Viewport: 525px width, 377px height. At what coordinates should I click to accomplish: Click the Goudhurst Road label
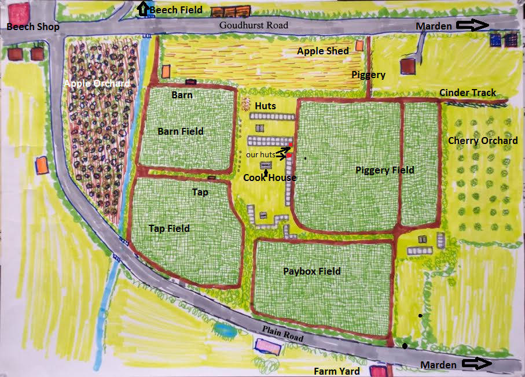tap(254, 25)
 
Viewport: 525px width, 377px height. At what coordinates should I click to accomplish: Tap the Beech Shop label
tap(33, 27)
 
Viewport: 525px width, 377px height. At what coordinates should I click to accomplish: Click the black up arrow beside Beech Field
tap(142, 9)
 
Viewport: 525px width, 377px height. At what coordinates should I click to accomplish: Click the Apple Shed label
tap(323, 51)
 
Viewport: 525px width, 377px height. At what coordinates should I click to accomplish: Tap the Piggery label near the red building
tap(368, 75)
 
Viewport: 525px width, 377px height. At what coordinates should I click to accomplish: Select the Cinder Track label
tap(467, 93)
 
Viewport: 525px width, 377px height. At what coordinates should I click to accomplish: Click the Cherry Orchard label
tap(483, 141)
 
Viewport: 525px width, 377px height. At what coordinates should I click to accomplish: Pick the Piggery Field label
tap(385, 170)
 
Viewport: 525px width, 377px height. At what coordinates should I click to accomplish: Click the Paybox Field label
tap(311, 271)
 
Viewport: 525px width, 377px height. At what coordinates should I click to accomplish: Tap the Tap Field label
tap(169, 228)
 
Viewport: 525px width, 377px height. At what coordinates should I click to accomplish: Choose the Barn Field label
tap(181, 131)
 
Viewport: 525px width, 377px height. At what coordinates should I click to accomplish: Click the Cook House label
tap(269, 178)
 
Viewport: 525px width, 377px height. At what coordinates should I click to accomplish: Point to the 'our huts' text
tap(260, 155)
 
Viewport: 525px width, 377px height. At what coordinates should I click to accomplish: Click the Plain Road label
tap(282, 334)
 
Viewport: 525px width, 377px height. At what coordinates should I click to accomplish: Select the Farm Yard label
tap(337, 371)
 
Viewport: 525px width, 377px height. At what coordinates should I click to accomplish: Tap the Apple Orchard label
tap(97, 84)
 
